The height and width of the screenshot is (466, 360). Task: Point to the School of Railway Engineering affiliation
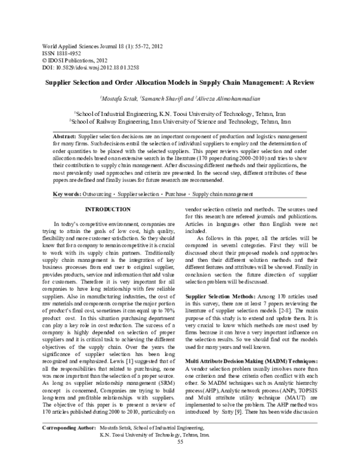pyautogui.click(x=180, y=120)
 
